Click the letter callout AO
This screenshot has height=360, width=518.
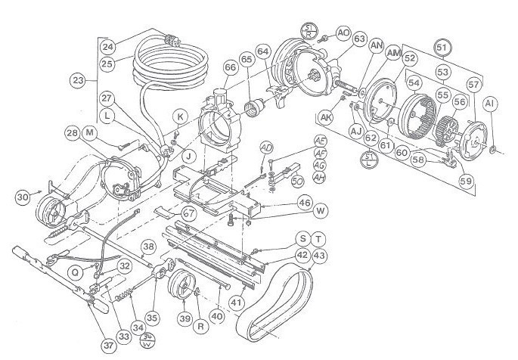[343, 33]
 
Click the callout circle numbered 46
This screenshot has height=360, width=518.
[304, 203]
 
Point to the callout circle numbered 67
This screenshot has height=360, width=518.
[188, 214]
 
